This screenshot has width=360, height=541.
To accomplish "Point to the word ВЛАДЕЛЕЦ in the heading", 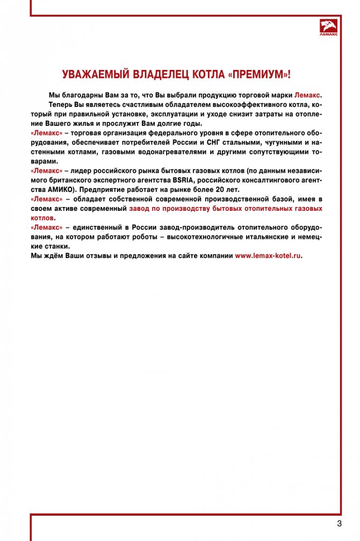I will click(x=160, y=74).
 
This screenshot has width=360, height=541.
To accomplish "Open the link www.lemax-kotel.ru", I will click(x=268, y=256).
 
